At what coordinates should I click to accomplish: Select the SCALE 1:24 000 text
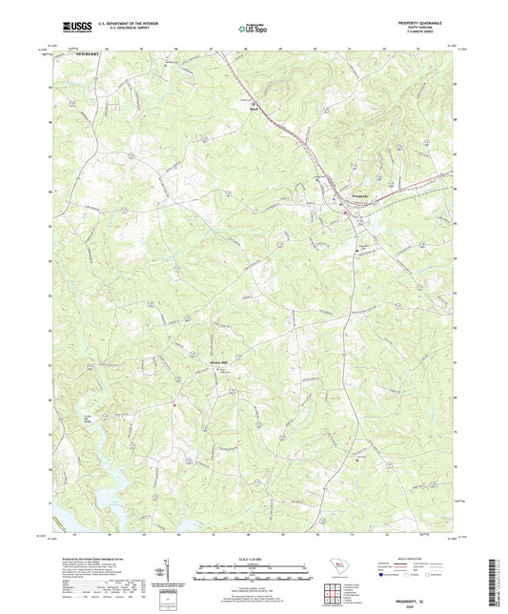[254, 558]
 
